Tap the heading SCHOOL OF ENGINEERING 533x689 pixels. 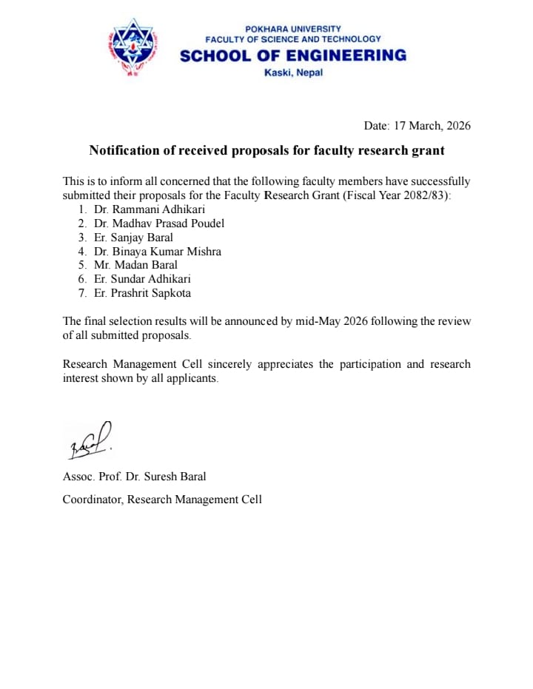pos(293,56)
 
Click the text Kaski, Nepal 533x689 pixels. pos(293,73)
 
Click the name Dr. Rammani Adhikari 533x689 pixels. pos(150,209)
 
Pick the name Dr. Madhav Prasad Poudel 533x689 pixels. pos(159,223)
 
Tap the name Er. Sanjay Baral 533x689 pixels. pos(133,238)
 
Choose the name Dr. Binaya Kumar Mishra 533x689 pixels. pos(158,252)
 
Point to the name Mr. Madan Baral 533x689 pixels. pos(136,265)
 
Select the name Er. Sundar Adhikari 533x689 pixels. pos(142,279)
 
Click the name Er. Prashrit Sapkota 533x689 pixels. pos(142,293)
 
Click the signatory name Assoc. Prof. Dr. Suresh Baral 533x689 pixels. pos(135,477)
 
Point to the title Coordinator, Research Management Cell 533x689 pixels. pos(162,500)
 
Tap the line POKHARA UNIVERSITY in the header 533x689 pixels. pos(293,29)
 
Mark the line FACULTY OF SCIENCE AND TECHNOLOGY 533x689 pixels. pos(293,38)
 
